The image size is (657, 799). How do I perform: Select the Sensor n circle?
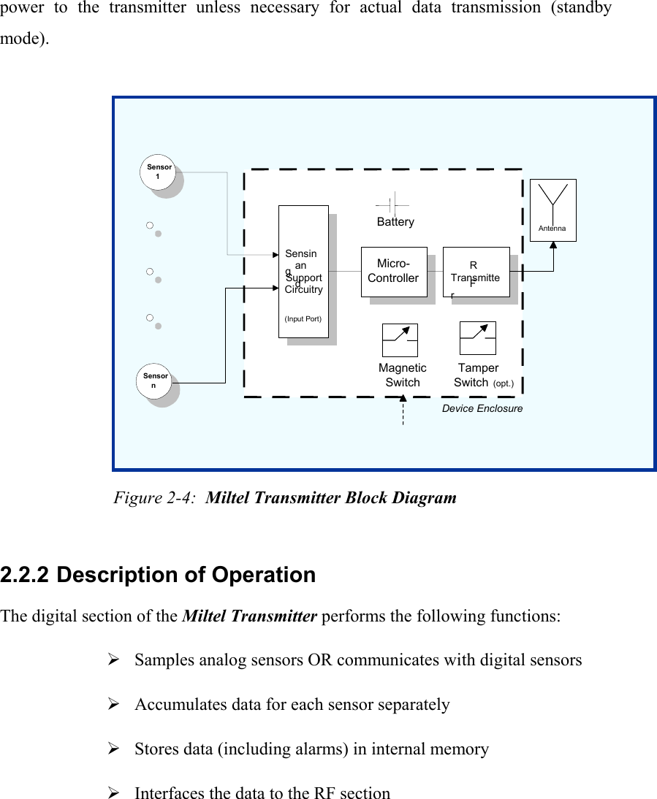[x=154, y=381]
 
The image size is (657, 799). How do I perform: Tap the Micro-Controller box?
[x=393, y=272]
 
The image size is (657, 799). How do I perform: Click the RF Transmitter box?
[x=475, y=272]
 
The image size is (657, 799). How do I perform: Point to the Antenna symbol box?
[x=552, y=209]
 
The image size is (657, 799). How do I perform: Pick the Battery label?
[x=395, y=222]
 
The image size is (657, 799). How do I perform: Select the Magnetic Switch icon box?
[x=400, y=340]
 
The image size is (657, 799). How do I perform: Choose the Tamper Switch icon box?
[x=477, y=338]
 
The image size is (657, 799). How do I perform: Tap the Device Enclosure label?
[x=482, y=409]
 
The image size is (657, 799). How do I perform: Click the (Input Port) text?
[x=303, y=319]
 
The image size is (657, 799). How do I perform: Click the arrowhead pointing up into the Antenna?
[x=553, y=245]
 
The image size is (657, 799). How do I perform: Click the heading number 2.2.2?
[x=25, y=576]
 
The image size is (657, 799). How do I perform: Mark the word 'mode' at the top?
[x=22, y=39]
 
